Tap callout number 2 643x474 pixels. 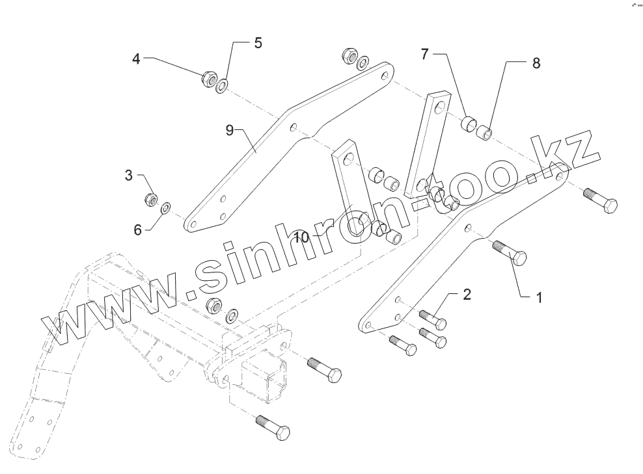pyautogui.click(x=467, y=294)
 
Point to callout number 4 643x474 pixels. pyautogui.click(x=136, y=59)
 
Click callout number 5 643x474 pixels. pyautogui.click(x=258, y=43)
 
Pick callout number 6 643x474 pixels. pyautogui.click(x=137, y=229)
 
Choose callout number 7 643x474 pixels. pyautogui.click(x=424, y=54)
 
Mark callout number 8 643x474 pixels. pyautogui.click(x=536, y=63)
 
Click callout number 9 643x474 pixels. pyautogui.click(x=230, y=130)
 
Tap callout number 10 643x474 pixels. pyautogui.click(x=301, y=237)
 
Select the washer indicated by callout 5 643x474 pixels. pyautogui.click(x=224, y=85)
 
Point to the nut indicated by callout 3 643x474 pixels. pyautogui.click(x=150, y=199)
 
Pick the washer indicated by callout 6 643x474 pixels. pyautogui.click(x=165, y=207)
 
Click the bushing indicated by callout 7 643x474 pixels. pyautogui.click(x=469, y=123)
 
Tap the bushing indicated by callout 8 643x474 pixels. pyautogui.click(x=484, y=134)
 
